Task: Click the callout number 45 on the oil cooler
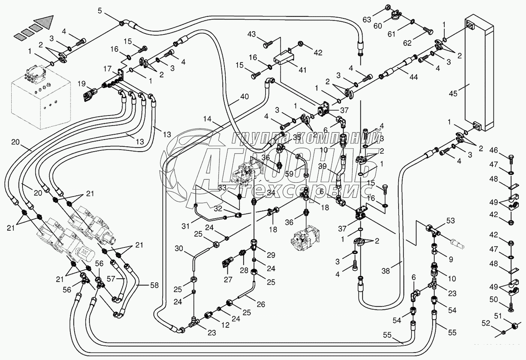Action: (453, 93)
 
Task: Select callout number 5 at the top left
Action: (100, 10)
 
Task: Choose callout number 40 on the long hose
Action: (244, 96)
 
